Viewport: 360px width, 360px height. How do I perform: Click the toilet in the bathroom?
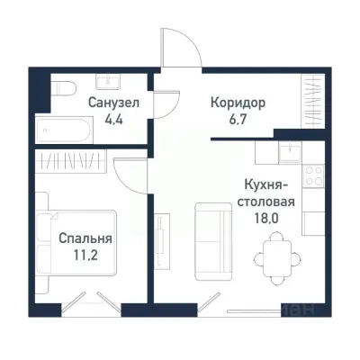tap(61, 89)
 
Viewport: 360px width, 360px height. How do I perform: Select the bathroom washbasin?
tap(112, 81)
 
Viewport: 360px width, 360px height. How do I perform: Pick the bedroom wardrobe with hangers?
tap(73, 163)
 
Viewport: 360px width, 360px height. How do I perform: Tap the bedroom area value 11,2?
tap(85, 255)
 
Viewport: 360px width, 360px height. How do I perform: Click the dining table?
tap(274, 255)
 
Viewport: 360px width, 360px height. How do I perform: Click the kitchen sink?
tap(290, 154)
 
